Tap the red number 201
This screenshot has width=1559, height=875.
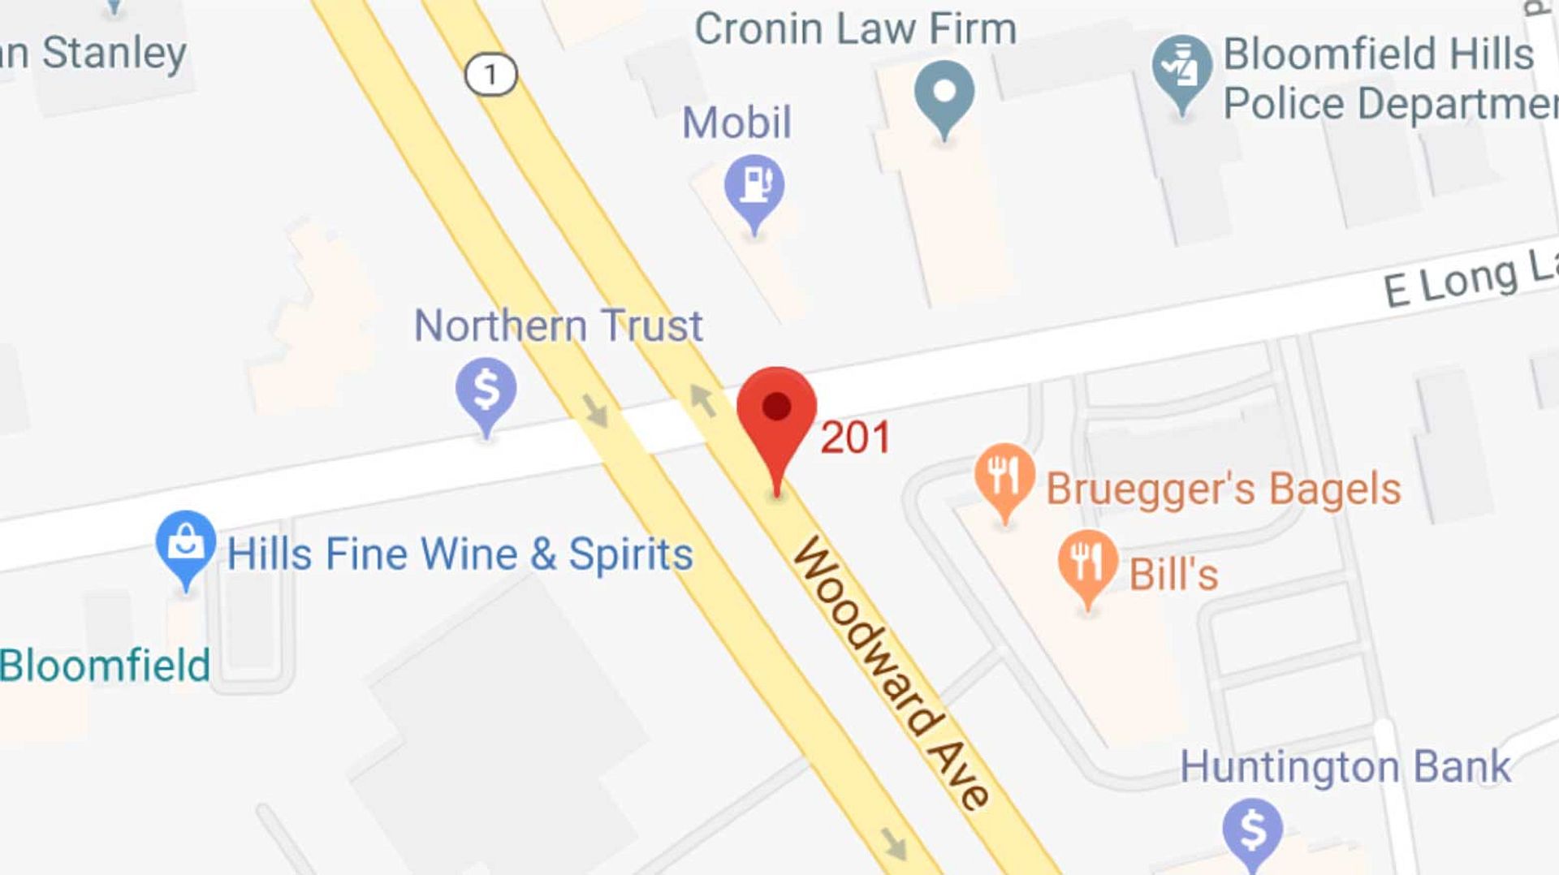(x=855, y=438)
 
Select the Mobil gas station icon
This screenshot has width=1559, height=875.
(x=754, y=186)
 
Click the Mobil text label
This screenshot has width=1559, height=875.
(x=736, y=123)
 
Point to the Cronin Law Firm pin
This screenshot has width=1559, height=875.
(x=944, y=93)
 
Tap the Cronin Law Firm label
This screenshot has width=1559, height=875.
(x=855, y=29)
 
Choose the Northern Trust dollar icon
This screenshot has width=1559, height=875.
(x=486, y=390)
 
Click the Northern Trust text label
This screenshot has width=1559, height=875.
(x=558, y=325)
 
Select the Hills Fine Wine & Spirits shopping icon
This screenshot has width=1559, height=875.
(x=186, y=542)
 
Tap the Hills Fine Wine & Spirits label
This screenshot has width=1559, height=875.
(x=460, y=554)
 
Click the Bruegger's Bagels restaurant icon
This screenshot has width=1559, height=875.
(x=1004, y=475)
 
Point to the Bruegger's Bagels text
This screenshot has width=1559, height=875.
(x=1223, y=489)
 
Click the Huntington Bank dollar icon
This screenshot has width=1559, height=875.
(x=1252, y=830)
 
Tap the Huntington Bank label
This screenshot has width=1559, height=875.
(x=1345, y=767)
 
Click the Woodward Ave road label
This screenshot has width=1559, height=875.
(x=891, y=672)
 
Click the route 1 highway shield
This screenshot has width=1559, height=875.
(x=490, y=75)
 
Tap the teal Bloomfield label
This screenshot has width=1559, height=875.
(x=105, y=666)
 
